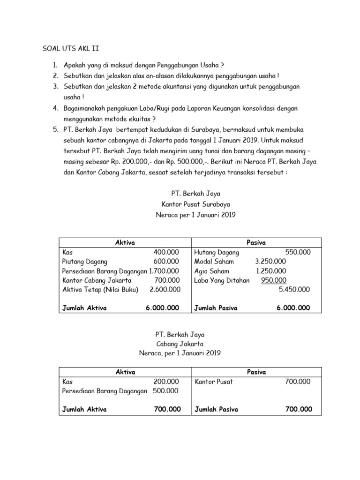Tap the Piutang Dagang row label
coord(85,262)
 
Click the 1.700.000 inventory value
coord(164,271)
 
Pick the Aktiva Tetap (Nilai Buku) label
coord(100,290)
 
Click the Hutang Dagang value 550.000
coord(298,252)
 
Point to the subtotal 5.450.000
coord(294,290)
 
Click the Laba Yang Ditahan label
coord(222,280)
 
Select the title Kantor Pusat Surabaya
coord(195,204)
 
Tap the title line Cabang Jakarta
coord(180,344)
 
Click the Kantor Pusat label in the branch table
coord(213,382)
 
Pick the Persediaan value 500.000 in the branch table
coord(166,391)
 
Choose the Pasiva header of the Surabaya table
coord(256,242)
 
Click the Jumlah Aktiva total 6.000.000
coord(162,308)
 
